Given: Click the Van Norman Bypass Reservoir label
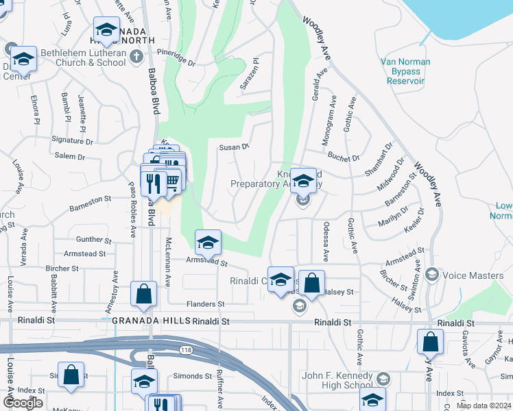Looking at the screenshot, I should coord(405,71).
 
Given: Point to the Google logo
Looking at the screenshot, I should coord(22,402).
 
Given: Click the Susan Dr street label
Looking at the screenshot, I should coord(233,147).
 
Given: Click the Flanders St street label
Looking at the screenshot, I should coord(206,304).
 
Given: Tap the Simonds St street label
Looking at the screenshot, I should coord(192,376).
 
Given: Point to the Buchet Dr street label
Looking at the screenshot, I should coord(344,158).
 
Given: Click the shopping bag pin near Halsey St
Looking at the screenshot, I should coord(311,282).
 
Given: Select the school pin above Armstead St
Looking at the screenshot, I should coord(208,242).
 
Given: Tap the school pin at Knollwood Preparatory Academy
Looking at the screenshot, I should coord(304,181).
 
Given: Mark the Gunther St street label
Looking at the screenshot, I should coord(94,240).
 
